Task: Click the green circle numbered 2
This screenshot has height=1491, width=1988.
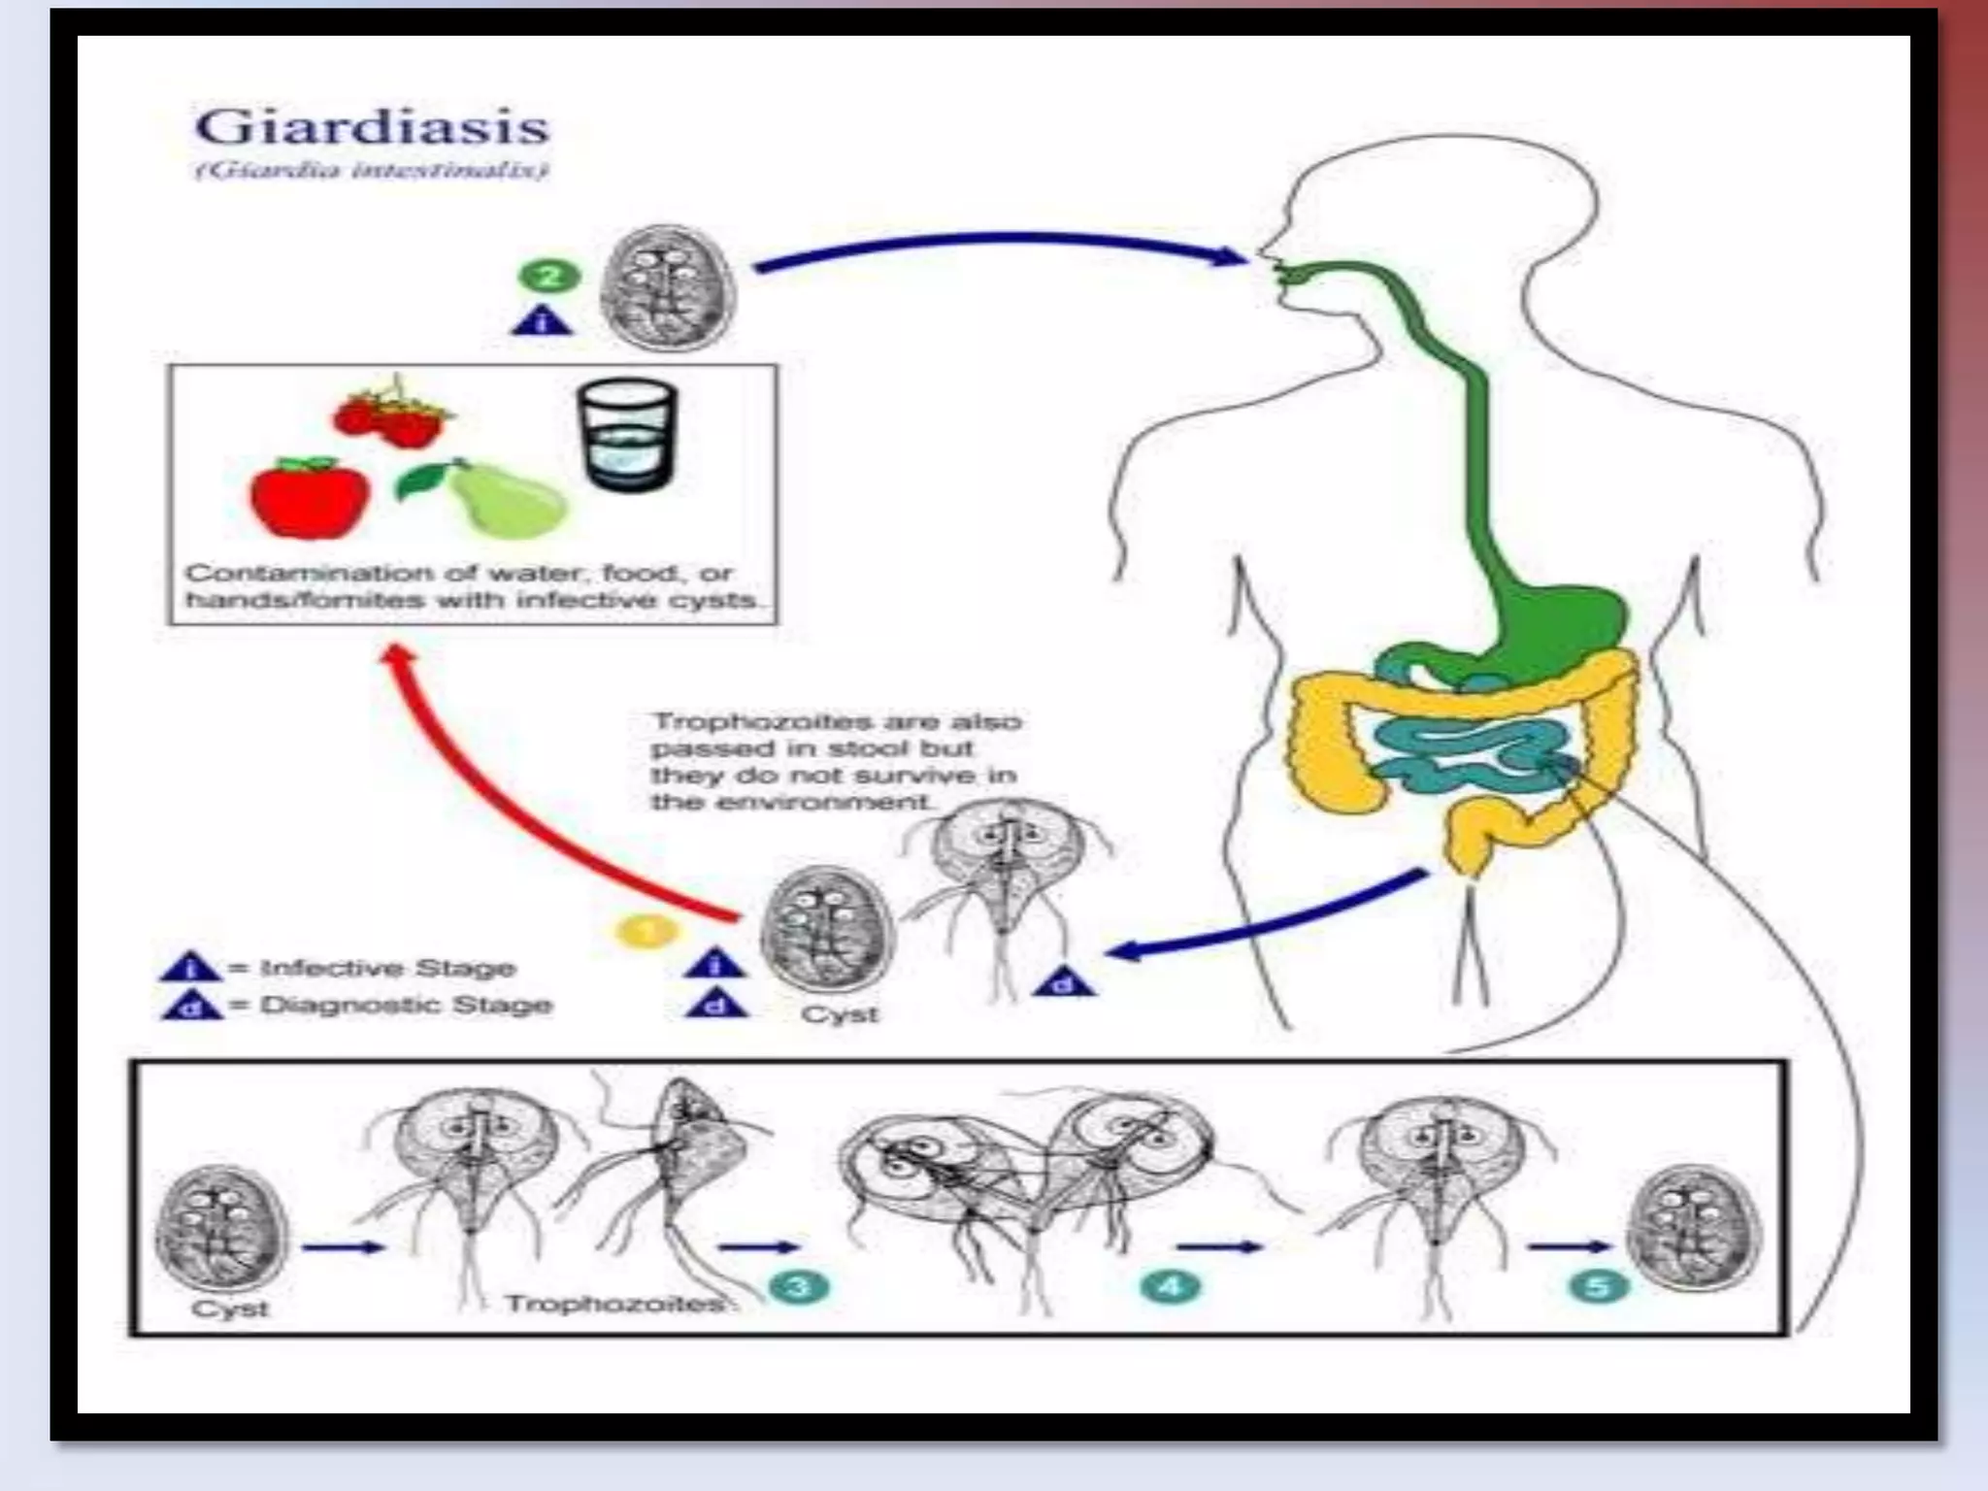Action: click(x=548, y=277)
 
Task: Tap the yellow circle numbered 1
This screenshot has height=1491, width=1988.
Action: click(x=646, y=932)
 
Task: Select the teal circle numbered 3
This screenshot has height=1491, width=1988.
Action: click(x=799, y=1287)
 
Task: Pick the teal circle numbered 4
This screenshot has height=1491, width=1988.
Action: click(x=1171, y=1287)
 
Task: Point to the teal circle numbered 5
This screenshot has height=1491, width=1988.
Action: click(x=1598, y=1287)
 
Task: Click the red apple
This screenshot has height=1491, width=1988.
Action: click(x=309, y=497)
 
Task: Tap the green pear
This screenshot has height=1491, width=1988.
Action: click(x=495, y=499)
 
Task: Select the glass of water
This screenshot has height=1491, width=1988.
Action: click(x=626, y=434)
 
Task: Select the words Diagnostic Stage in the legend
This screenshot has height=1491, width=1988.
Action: click(x=405, y=1005)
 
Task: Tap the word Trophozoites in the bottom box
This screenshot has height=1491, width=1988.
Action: click(x=613, y=1303)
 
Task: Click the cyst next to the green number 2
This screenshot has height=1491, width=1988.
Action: click(x=668, y=288)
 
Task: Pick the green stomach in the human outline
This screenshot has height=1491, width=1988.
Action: click(x=1553, y=621)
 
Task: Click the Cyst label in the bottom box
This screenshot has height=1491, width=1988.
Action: click(x=229, y=1308)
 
